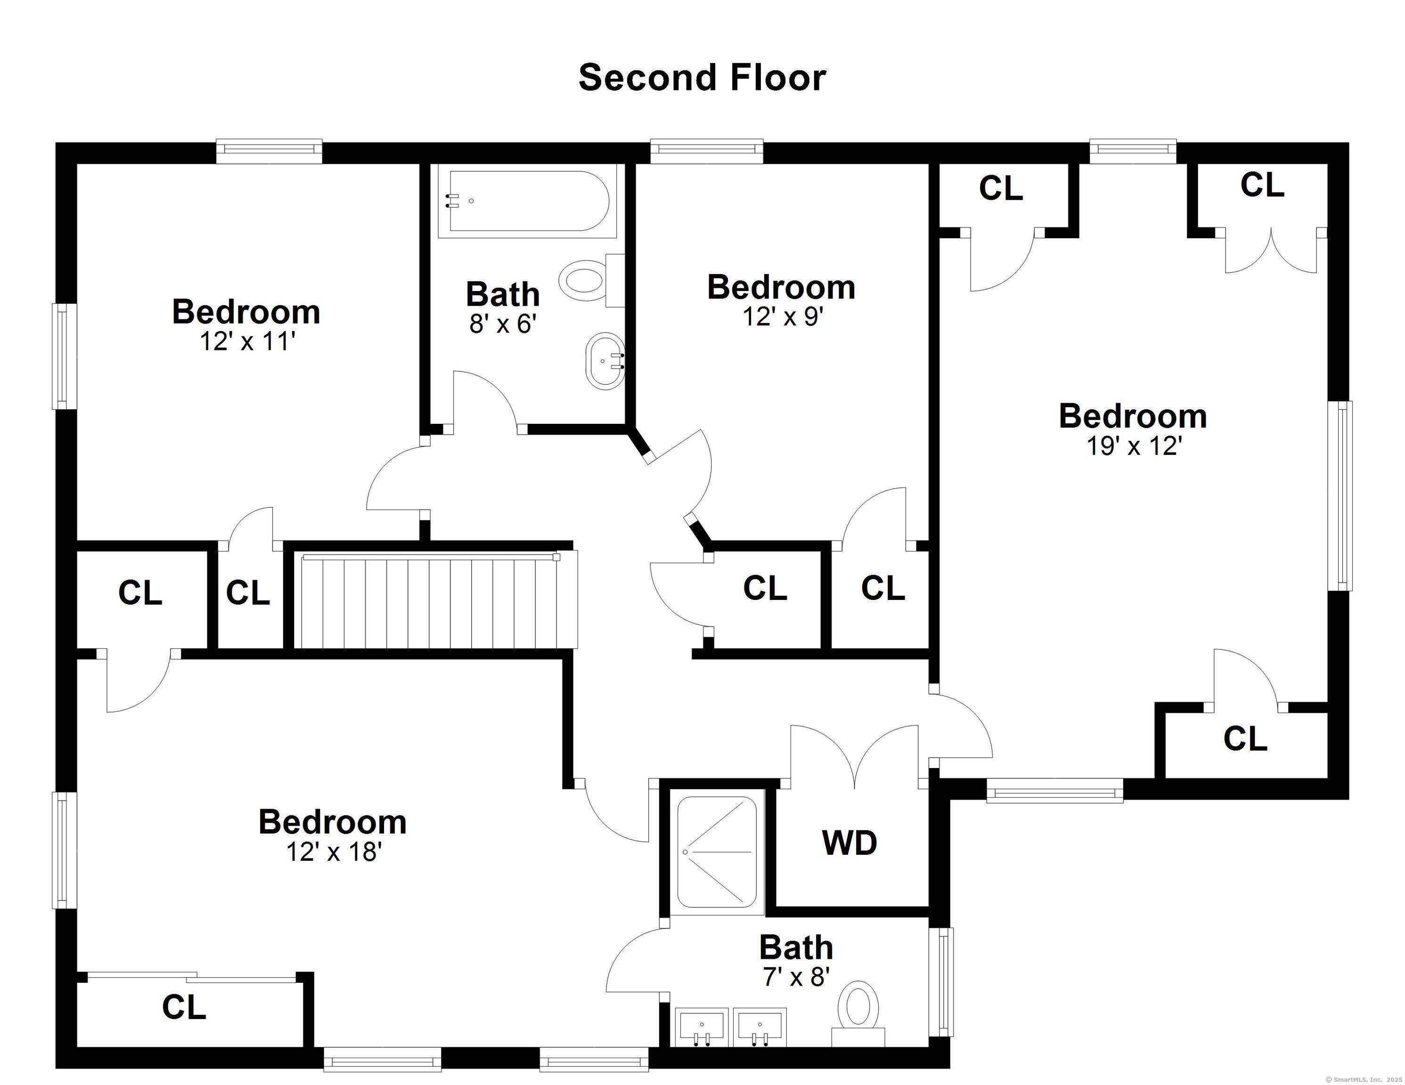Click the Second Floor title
pos(702,78)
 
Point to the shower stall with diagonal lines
pos(717,851)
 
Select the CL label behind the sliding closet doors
pos(184,1007)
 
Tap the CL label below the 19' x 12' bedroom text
pos(1245,738)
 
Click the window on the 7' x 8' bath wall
pos(944,981)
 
